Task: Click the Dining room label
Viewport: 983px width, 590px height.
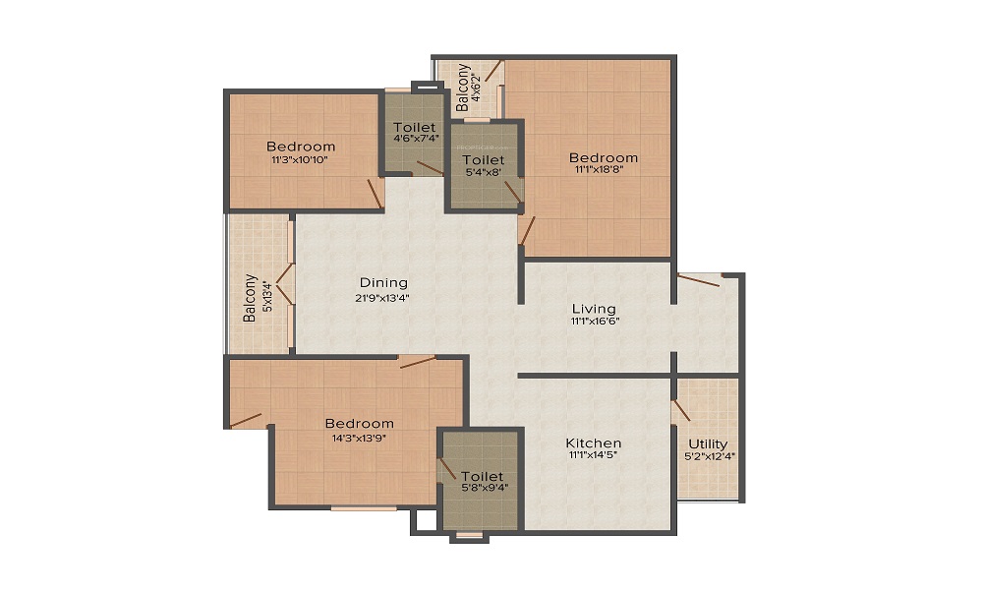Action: (383, 283)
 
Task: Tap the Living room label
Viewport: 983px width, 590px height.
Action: (596, 309)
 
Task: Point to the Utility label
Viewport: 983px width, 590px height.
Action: (708, 443)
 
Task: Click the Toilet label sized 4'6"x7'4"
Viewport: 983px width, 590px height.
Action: (414, 128)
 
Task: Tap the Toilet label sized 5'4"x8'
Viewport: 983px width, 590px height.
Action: (483, 159)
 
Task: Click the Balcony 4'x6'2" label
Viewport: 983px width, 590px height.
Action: (463, 86)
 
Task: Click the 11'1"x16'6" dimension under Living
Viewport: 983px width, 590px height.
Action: (596, 321)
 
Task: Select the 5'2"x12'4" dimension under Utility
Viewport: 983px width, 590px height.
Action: (708, 456)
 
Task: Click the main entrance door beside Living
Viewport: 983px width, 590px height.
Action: (699, 281)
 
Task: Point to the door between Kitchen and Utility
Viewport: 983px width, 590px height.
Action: (679, 411)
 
